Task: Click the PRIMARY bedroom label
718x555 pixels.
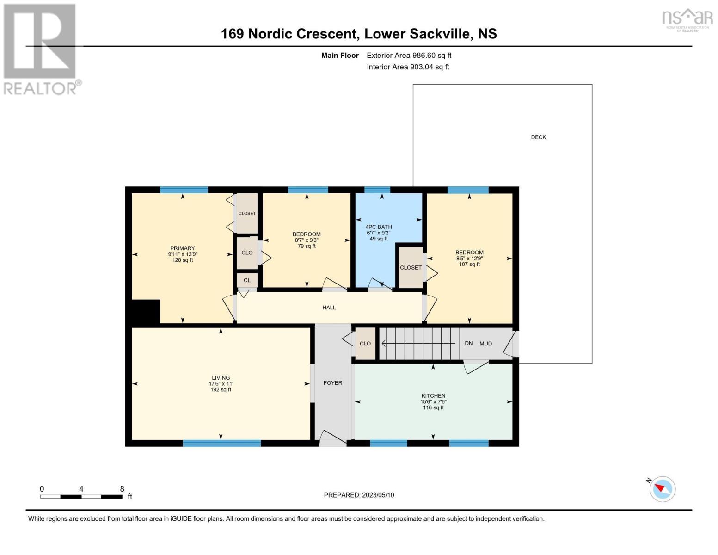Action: point(182,248)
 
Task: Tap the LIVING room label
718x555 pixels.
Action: point(221,378)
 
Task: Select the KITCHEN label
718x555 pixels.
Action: point(433,396)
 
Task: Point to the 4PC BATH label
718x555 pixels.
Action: point(379,227)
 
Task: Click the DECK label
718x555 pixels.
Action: point(538,137)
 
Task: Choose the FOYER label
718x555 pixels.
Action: point(333,383)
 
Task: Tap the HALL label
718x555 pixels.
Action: point(329,308)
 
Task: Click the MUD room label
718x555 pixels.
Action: point(485,344)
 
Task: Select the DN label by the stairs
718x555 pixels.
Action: point(468,344)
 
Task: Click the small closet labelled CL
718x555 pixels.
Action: point(247,280)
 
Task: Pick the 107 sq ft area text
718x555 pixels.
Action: point(469,265)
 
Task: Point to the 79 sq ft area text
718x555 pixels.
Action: point(307,246)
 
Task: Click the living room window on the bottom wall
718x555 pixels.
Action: point(222,443)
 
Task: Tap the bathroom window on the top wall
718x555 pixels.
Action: point(377,190)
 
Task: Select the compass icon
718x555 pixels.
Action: point(662,488)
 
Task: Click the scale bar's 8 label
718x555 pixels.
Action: point(122,489)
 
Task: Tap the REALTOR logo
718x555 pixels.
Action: point(41,49)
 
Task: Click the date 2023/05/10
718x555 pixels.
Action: point(378,495)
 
